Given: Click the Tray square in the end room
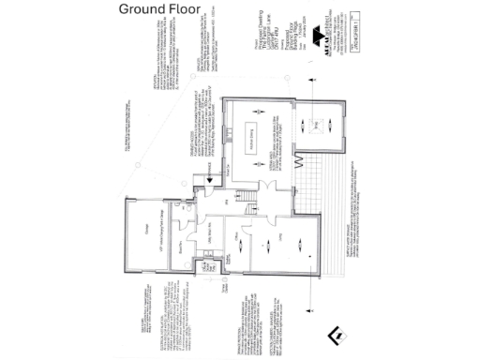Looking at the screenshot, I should tap(318, 123).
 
